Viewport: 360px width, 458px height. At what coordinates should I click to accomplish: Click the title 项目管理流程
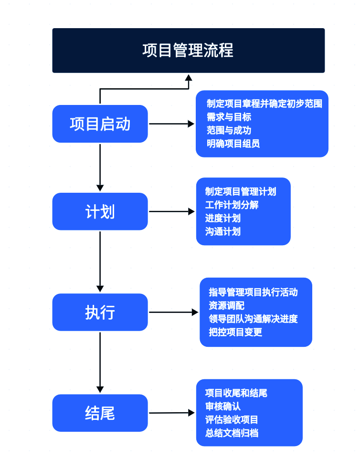(x=188, y=50)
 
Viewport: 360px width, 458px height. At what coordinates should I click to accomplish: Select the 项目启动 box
(x=100, y=124)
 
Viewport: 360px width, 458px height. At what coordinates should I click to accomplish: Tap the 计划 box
(x=100, y=211)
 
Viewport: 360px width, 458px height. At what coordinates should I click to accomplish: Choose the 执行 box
(x=100, y=312)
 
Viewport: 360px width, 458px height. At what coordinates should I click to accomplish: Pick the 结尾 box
(x=100, y=413)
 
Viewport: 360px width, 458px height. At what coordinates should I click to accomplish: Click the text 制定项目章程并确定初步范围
(x=264, y=104)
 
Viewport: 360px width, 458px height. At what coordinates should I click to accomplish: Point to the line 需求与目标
(x=229, y=117)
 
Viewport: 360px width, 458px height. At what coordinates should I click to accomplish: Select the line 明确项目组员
(x=233, y=144)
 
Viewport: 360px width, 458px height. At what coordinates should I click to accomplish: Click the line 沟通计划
(x=222, y=231)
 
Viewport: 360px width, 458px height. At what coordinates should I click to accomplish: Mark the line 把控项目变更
(x=235, y=332)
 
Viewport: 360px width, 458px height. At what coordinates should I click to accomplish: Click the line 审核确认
(x=222, y=406)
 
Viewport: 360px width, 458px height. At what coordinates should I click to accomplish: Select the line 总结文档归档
(x=232, y=433)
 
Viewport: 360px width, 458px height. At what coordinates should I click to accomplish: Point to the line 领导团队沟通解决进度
(x=253, y=319)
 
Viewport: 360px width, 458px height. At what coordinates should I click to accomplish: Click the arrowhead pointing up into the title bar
(x=189, y=78)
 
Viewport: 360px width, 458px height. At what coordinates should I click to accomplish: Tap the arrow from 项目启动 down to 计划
(x=100, y=167)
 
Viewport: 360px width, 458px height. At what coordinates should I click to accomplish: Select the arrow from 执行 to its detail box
(x=173, y=312)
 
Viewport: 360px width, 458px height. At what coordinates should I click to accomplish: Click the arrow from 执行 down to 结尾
(x=100, y=363)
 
